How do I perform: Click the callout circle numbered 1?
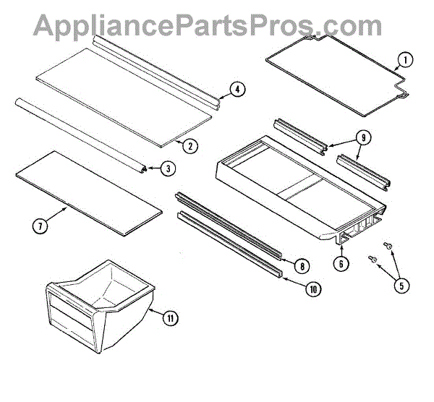click(405, 60)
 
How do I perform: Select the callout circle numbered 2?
click(189, 145)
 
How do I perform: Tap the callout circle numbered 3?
click(166, 168)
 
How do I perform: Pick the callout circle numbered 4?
click(237, 90)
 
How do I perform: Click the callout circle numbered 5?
click(401, 285)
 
